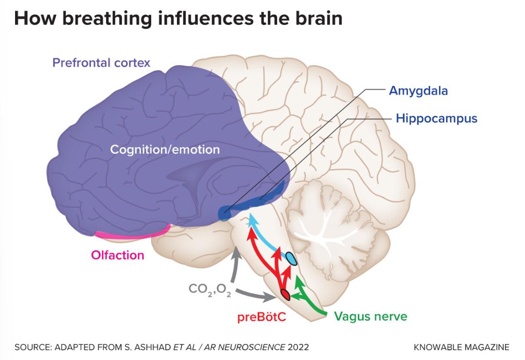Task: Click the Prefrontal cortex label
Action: [101, 63]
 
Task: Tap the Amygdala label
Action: [418, 91]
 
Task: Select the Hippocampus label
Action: [437, 118]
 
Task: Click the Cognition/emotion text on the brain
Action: [165, 149]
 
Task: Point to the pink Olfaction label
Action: [118, 255]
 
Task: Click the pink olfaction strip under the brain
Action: [133, 234]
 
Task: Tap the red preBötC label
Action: [262, 317]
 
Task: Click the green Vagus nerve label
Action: [370, 316]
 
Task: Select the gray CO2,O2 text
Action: [210, 289]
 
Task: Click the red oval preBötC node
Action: [285, 294]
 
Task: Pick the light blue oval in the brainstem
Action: [291, 258]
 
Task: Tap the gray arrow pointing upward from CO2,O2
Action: [234, 265]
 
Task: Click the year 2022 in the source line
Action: [298, 347]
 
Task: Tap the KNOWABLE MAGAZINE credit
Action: [461, 347]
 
